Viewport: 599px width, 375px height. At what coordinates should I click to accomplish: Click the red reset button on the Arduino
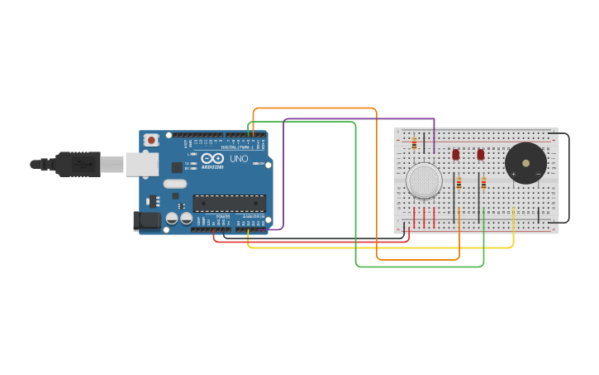(x=151, y=141)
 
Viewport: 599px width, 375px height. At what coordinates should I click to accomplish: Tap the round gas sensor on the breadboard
(x=424, y=180)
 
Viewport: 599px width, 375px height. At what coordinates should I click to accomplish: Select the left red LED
(x=455, y=154)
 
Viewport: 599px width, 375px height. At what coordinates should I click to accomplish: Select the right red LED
(x=480, y=154)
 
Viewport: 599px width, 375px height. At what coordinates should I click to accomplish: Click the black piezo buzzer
(x=525, y=163)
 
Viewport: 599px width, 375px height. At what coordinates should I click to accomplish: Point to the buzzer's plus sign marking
(x=514, y=174)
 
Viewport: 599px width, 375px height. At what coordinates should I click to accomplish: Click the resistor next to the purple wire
(x=414, y=144)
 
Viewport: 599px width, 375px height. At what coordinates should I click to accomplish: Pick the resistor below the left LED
(x=459, y=183)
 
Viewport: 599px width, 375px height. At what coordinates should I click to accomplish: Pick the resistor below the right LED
(x=483, y=183)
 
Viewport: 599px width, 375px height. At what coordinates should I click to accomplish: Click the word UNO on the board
(x=239, y=158)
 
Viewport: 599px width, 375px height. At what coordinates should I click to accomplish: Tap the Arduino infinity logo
(x=212, y=158)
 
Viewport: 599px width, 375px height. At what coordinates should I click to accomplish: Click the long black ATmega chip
(x=229, y=203)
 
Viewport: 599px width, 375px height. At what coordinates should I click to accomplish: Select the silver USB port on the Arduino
(x=141, y=164)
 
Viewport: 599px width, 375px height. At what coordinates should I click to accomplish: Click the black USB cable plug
(x=79, y=164)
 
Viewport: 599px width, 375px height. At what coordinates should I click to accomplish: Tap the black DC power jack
(x=146, y=220)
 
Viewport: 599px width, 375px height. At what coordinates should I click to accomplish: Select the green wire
(x=356, y=199)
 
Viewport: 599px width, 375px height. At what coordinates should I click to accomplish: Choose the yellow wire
(x=380, y=247)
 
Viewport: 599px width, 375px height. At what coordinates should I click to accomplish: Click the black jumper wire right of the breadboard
(x=568, y=178)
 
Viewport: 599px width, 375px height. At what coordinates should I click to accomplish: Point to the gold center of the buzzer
(x=525, y=161)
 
